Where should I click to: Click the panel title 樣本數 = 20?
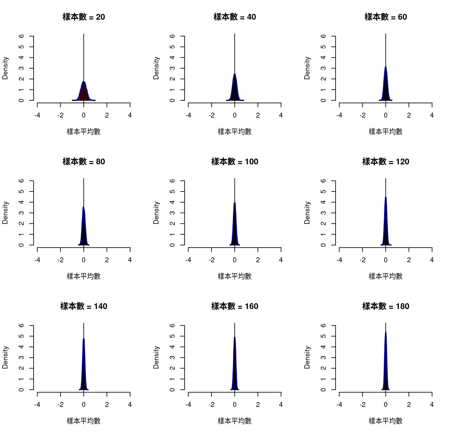point(84,17)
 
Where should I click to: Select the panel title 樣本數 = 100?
point(235,161)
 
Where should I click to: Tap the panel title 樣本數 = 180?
point(386,306)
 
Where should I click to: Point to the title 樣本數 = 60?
point(386,17)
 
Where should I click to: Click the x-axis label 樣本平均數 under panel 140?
point(84,421)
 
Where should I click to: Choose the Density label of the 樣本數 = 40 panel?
point(156,68)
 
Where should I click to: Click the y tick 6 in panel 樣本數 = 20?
point(21,36)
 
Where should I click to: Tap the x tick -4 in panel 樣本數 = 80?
point(37,260)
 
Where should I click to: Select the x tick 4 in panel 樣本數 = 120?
point(432,260)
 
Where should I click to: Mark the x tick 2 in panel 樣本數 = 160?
point(258,405)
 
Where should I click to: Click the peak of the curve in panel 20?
point(84,82)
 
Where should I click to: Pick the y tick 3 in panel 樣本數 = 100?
point(172,213)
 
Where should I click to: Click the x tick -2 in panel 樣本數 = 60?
point(362,115)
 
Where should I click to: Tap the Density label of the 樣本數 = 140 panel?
point(5,357)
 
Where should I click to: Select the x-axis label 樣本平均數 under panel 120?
point(386,276)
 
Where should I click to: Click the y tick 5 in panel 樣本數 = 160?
point(172,336)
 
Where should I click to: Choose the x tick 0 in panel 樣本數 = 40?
point(235,115)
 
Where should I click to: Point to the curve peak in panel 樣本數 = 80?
point(83,207)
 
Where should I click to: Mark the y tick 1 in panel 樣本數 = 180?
point(323,379)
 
